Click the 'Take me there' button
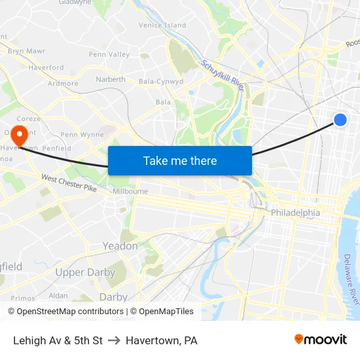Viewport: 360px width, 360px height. [180, 160]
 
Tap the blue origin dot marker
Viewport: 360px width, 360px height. [340, 119]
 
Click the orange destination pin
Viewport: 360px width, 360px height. [20, 136]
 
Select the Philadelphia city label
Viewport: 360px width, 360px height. [295, 213]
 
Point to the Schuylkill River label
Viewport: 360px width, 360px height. [223, 77]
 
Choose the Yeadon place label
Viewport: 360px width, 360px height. [120, 246]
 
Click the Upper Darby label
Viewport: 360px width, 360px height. [79, 272]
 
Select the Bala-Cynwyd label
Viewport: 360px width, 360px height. [161, 82]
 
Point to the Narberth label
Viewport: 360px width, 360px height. [111, 79]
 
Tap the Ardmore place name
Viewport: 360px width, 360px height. [63, 84]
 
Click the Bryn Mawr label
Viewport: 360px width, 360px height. [26, 50]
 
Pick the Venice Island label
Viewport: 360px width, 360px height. [162, 26]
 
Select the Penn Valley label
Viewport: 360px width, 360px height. [109, 54]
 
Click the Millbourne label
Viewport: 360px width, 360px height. [130, 191]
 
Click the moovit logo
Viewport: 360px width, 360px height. [321, 339]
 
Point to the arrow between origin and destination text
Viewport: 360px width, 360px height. [114, 340]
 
